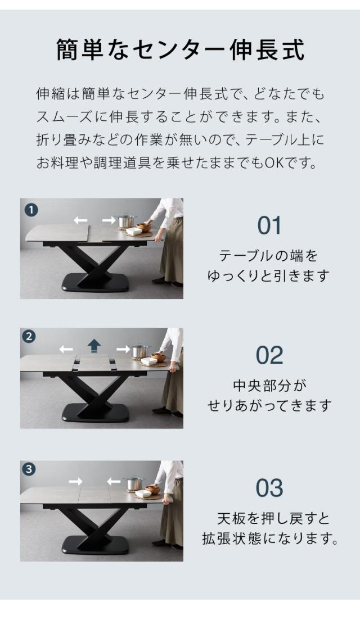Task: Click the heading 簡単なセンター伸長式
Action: pos(180,50)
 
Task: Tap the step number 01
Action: pos(269,225)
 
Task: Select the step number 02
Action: pos(269,355)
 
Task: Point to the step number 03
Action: pos(269,488)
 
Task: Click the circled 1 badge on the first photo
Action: pos(30,210)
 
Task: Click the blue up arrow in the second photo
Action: pos(94,346)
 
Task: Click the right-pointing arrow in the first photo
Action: pos(109,221)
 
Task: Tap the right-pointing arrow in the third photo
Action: pos(75,481)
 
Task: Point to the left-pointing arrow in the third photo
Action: pos(114,481)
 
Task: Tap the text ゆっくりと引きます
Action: pos(269,276)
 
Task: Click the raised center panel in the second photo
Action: pos(94,364)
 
